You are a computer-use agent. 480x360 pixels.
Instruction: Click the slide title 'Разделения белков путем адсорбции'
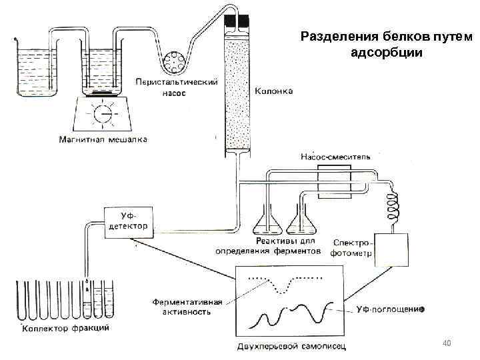click(386, 44)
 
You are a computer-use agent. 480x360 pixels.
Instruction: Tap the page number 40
click(447, 343)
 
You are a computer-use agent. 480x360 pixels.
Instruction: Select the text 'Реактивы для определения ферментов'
click(268, 246)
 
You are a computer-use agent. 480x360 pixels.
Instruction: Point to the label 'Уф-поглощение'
click(390, 309)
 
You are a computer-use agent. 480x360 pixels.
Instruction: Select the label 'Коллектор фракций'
click(67, 329)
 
